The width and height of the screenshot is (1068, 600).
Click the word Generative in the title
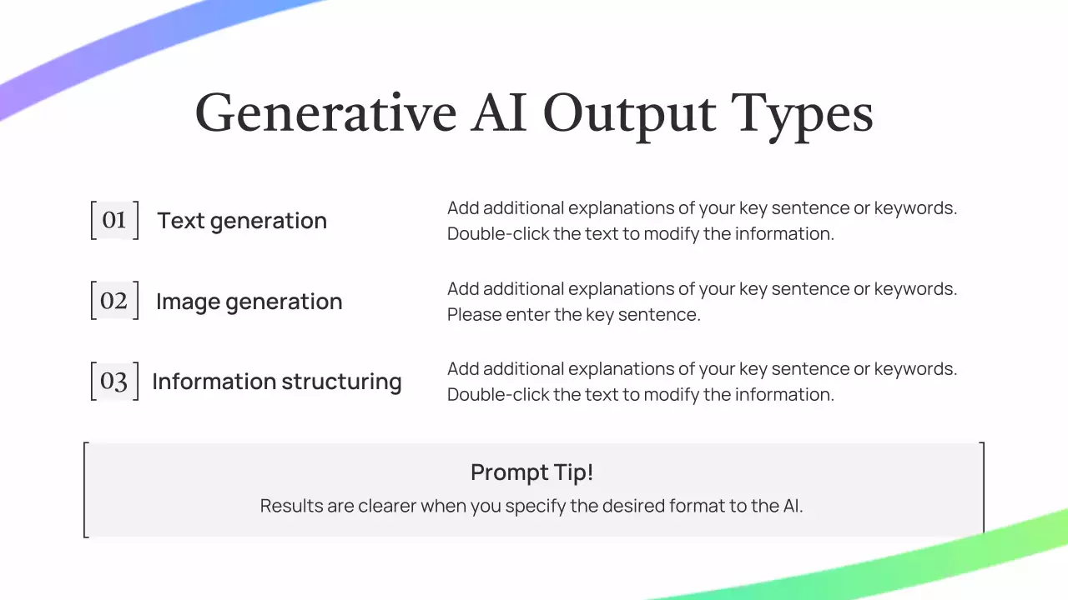pos(325,113)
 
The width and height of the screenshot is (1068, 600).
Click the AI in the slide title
pos(499,112)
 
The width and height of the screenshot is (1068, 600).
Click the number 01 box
pos(114,220)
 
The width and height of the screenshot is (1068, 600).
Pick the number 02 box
pos(114,301)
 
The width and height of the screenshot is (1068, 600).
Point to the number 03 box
pos(114,381)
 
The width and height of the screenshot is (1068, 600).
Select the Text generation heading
pos(242,221)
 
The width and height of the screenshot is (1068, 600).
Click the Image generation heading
pos(249,302)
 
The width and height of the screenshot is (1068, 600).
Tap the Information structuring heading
pos(277,382)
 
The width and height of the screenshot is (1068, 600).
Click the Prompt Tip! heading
pos(532,472)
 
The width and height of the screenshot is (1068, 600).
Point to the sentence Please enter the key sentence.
pos(574,315)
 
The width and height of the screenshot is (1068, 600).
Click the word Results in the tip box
pos(291,506)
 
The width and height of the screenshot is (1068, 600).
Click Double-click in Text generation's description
pos(498,234)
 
